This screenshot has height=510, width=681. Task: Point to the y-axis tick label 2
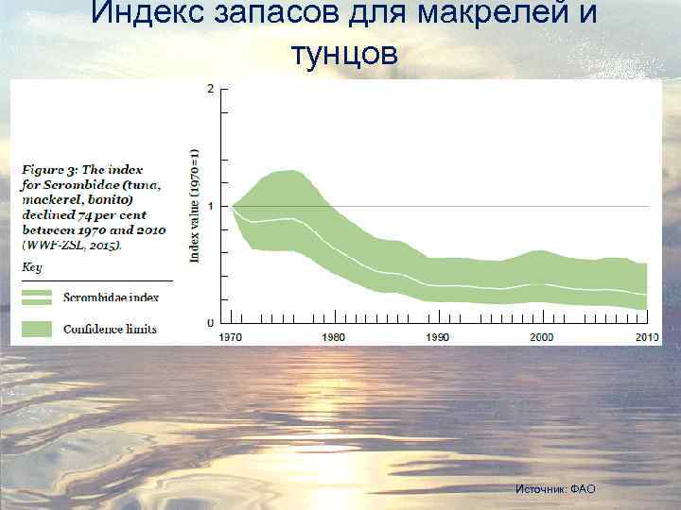[209, 89]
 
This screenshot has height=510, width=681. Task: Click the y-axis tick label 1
[209, 206]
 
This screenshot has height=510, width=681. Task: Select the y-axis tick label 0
[209, 324]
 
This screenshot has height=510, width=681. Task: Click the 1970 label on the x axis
[232, 337]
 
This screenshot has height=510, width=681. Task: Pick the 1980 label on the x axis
[333, 337]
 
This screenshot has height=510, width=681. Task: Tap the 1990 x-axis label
[437, 337]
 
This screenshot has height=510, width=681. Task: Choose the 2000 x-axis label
[541, 337]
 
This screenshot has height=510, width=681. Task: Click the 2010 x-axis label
[646, 337]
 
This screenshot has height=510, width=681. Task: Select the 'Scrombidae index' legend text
[110, 297]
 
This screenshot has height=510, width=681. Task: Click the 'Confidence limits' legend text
[110, 330]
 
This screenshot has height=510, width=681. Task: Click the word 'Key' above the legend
[32, 267]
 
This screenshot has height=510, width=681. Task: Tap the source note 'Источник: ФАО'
[555, 488]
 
